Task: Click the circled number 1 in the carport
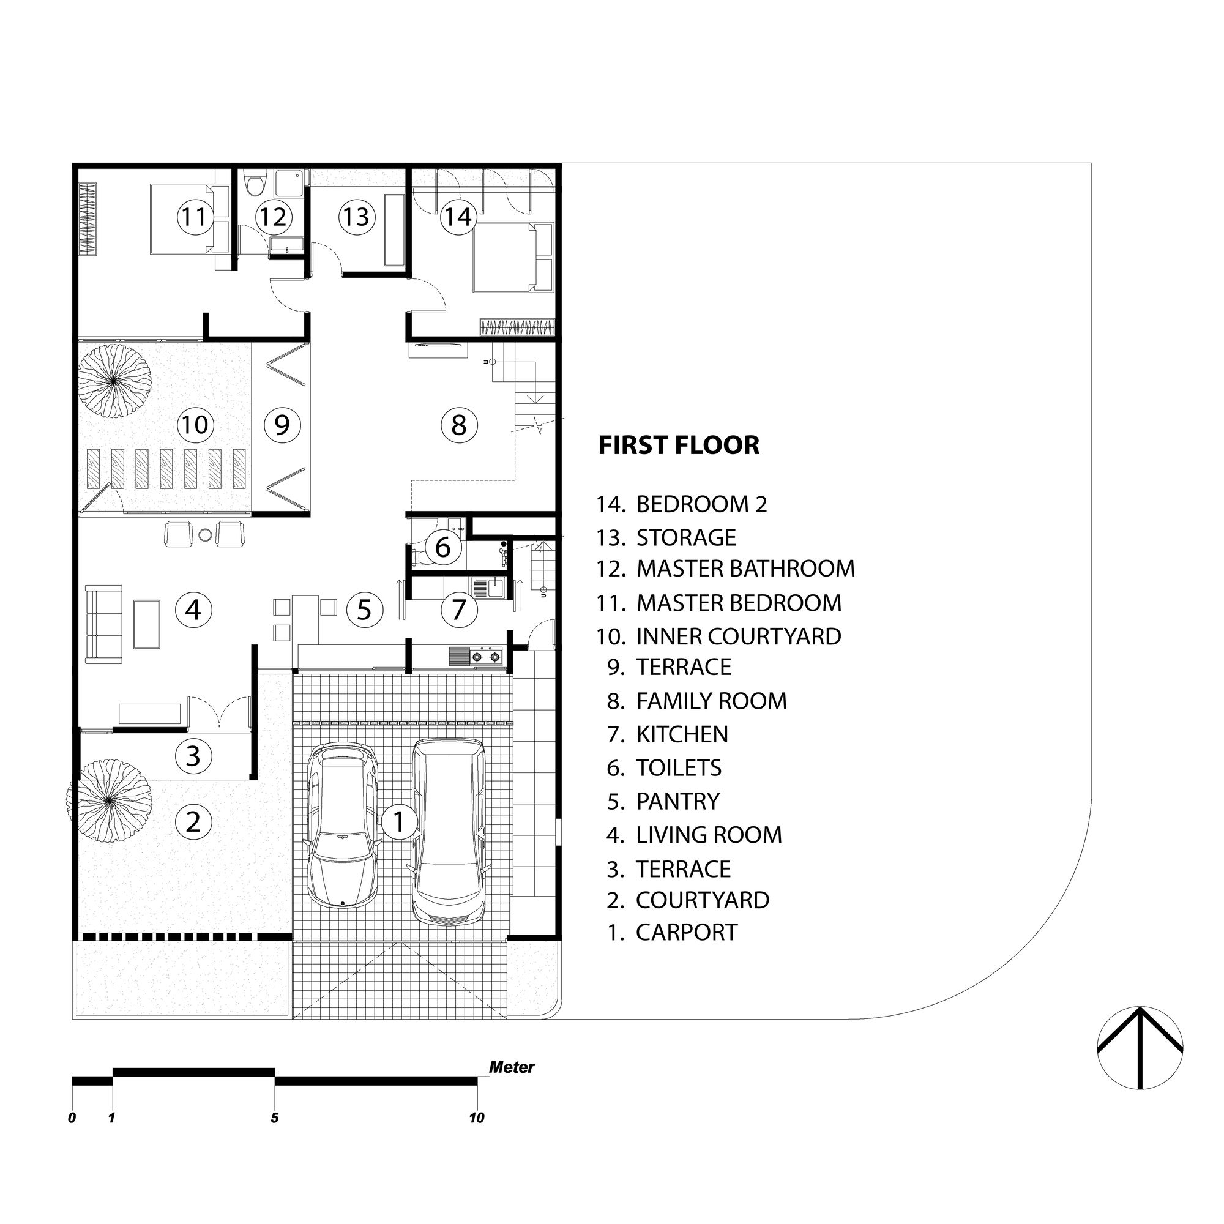pyautogui.click(x=398, y=822)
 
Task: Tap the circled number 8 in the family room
pyautogui.click(x=458, y=425)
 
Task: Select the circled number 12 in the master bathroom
pyautogui.click(x=273, y=217)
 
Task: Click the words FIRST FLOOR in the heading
pyautogui.click(x=679, y=446)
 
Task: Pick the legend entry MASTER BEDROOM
pyautogui.click(x=738, y=602)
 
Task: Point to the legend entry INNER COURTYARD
pyautogui.click(x=738, y=636)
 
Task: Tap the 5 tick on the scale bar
pyautogui.click(x=274, y=1118)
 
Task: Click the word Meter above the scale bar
pyautogui.click(x=511, y=1067)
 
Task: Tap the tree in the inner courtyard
pyautogui.click(x=114, y=380)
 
